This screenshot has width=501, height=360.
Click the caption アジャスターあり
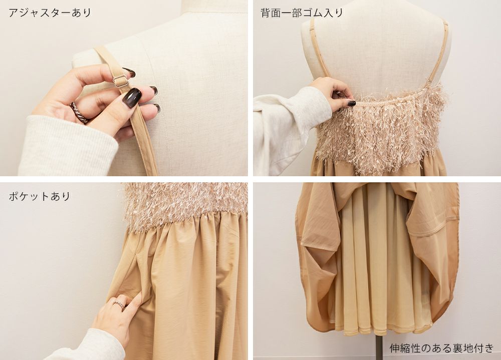click(50, 13)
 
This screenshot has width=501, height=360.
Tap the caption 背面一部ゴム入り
click(302, 13)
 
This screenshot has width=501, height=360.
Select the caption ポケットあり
click(39, 196)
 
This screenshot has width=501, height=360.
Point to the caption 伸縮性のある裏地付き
click(441, 348)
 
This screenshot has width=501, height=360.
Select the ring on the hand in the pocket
click(119, 304)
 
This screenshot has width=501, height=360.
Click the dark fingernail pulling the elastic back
click(351, 103)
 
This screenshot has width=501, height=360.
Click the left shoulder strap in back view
click(321, 49)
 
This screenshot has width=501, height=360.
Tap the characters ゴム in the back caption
click(313, 13)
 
